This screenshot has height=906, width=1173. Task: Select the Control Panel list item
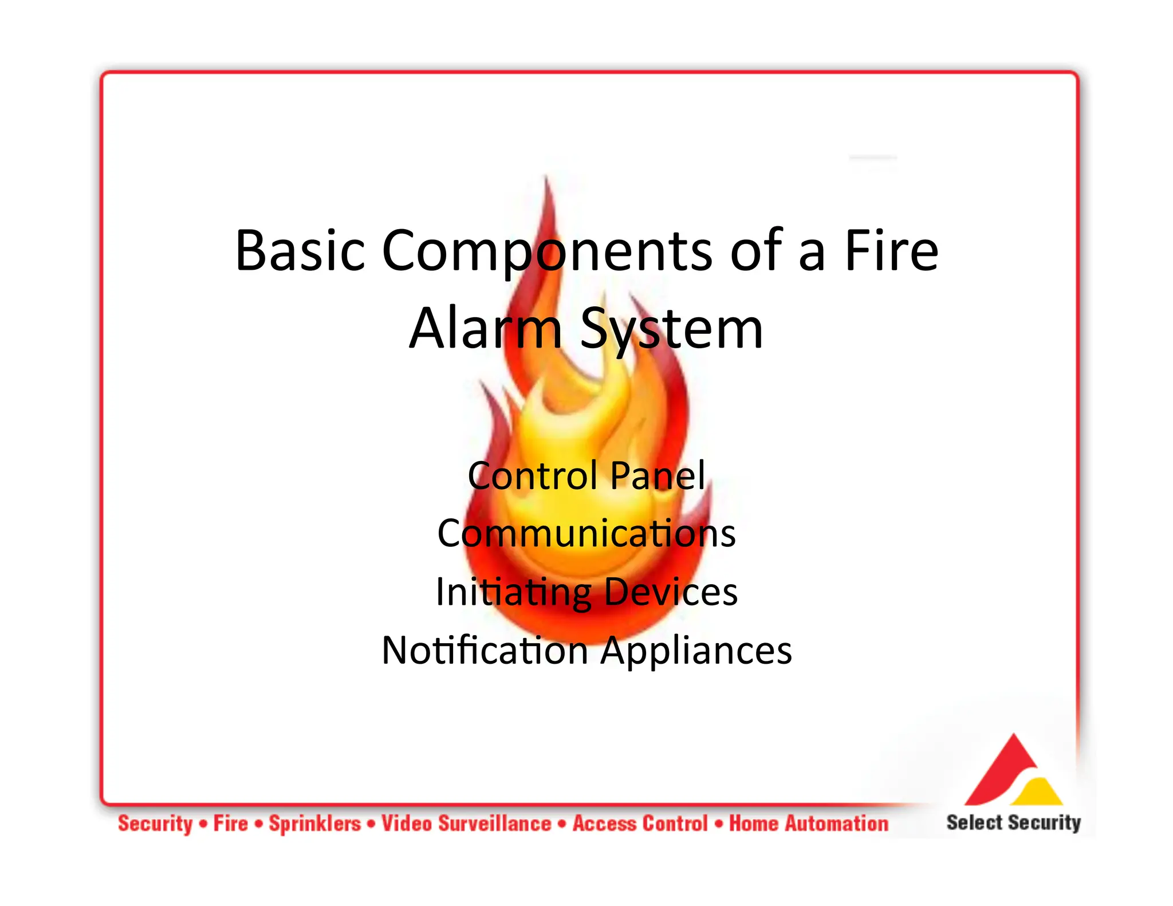tap(586, 475)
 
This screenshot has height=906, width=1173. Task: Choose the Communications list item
tap(586, 533)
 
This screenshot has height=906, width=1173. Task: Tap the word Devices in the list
tap(671, 592)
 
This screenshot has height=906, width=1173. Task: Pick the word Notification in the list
tap(485, 651)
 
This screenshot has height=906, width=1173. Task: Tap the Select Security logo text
tap(1013, 822)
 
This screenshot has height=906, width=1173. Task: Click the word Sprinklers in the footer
tap(315, 824)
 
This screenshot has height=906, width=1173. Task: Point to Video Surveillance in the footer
tap(466, 824)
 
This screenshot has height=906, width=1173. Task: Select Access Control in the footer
tap(640, 824)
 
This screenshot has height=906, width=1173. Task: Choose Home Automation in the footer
tap(809, 824)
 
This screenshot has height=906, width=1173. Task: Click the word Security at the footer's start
tap(155, 824)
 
